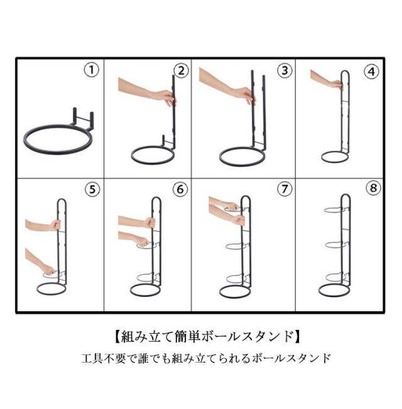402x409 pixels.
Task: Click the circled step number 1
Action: coord(92,70)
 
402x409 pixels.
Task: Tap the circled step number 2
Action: coord(182,71)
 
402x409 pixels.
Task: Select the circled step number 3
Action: coord(285,70)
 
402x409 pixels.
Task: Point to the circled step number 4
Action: coord(371,72)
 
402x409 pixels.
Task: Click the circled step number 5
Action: coord(92,189)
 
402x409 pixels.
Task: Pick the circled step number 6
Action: coord(180,189)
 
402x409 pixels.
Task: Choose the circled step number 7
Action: coord(285,189)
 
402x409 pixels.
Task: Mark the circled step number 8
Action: coord(374,188)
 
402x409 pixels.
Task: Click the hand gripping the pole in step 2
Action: coord(166,97)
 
